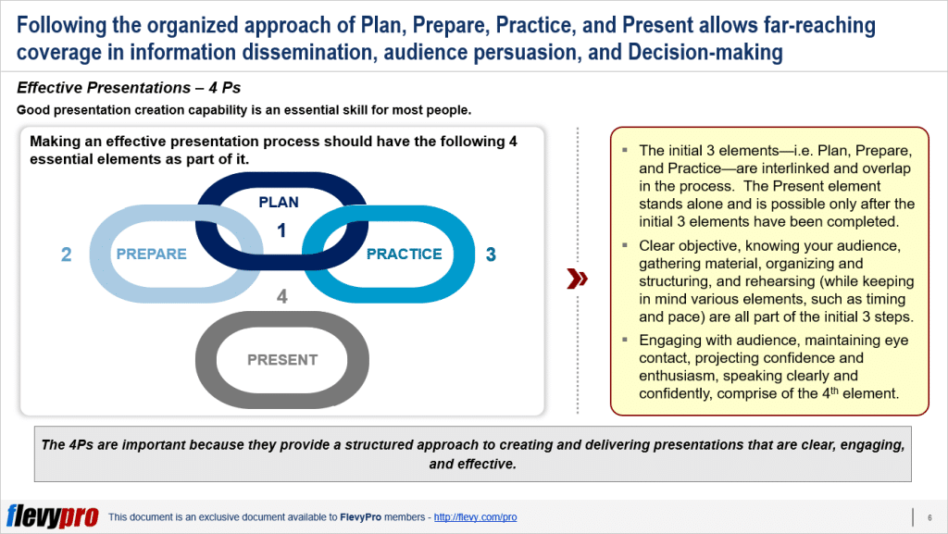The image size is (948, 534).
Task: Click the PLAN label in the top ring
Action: click(x=280, y=201)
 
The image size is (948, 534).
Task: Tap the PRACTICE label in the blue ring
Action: click(x=405, y=254)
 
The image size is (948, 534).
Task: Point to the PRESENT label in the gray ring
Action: click(x=282, y=360)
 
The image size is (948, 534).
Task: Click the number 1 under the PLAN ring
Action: click(x=281, y=230)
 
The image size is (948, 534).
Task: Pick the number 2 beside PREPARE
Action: click(x=66, y=254)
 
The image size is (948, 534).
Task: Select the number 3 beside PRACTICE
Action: click(x=491, y=254)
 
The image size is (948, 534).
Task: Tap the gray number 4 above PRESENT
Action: click(x=282, y=297)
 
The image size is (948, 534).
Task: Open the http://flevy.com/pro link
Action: click(x=475, y=517)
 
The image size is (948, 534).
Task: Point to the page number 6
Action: click(x=929, y=517)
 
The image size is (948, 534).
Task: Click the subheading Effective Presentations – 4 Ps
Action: click(x=129, y=89)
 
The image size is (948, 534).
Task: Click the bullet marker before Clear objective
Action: click(x=626, y=246)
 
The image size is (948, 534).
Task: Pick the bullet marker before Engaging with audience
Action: click(x=626, y=341)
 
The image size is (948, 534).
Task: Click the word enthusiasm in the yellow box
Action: click(x=668, y=376)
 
